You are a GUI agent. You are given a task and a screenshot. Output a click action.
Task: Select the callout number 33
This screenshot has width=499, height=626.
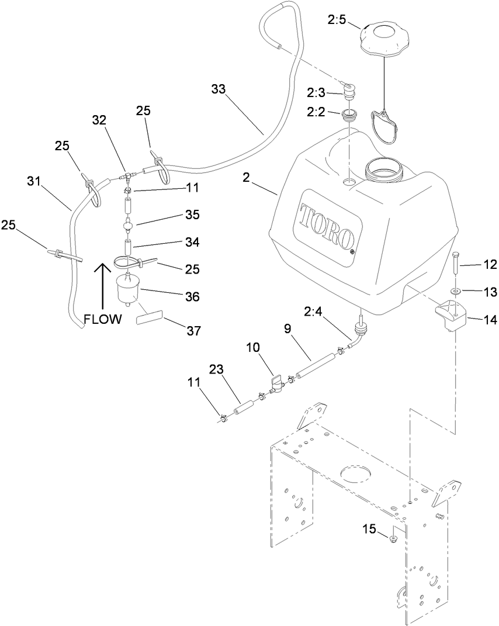[x=218, y=89]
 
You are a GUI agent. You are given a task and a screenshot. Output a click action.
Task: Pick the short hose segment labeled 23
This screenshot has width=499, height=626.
[x=242, y=407]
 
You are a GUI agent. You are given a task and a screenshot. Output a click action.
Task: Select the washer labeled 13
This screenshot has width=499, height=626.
[x=455, y=290]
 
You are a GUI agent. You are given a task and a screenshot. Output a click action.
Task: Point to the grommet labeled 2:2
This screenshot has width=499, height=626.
[x=349, y=115]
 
